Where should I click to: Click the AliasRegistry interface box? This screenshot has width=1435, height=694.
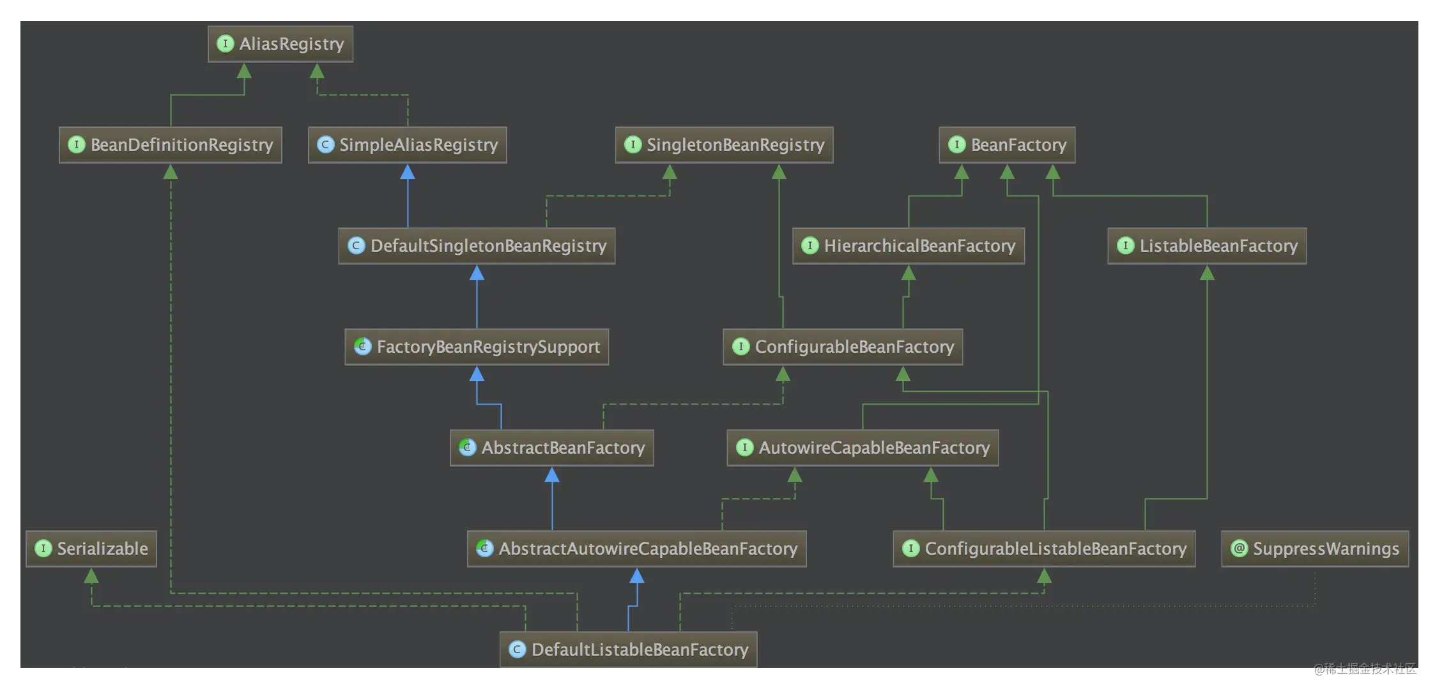(280, 44)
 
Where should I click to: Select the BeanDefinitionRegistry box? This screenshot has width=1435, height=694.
(171, 145)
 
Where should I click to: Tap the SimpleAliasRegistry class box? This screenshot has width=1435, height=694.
(408, 145)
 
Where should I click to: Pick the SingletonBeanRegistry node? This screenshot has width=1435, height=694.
(724, 145)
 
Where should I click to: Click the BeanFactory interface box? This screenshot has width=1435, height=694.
(1007, 145)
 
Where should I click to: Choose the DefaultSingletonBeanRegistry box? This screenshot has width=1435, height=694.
(477, 246)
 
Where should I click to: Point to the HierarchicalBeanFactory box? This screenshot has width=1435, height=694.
(909, 246)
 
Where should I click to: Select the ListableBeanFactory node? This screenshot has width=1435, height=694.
(1207, 246)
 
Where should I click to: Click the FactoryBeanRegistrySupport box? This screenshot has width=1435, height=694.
(477, 347)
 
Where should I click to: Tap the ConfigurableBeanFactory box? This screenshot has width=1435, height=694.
(843, 347)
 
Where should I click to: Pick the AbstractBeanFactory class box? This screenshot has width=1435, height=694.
(552, 448)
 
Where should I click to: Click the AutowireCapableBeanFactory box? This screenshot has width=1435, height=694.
(863, 448)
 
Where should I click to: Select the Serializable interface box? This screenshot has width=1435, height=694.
(91, 549)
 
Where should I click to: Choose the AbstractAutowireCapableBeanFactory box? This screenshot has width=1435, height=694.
(637, 549)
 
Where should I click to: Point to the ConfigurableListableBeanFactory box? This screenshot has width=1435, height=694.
(1044, 549)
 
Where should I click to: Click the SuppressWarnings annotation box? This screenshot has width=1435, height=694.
(1315, 549)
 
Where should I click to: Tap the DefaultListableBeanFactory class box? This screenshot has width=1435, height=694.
(629, 650)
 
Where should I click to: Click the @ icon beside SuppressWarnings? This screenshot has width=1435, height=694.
(1239, 548)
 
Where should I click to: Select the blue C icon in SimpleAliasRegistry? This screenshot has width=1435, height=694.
(326, 144)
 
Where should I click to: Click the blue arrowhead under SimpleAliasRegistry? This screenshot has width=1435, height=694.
(408, 172)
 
